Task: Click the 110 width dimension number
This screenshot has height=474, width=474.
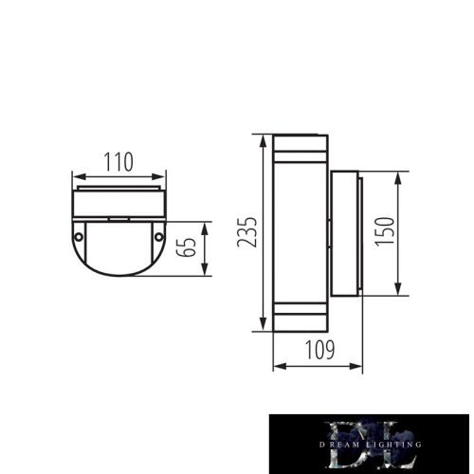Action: (x=119, y=162)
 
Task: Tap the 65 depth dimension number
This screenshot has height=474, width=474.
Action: (x=190, y=248)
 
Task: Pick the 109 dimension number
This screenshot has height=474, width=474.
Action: (x=319, y=351)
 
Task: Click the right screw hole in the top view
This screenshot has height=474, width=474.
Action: (x=159, y=234)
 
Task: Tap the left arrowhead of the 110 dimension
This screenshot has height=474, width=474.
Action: (x=77, y=175)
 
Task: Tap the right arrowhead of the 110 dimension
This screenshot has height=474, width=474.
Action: (x=162, y=175)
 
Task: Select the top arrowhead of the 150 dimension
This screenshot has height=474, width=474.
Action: (x=399, y=175)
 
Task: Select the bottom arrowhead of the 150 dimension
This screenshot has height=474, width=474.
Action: (x=399, y=291)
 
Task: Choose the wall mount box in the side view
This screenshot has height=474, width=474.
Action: (x=346, y=233)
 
